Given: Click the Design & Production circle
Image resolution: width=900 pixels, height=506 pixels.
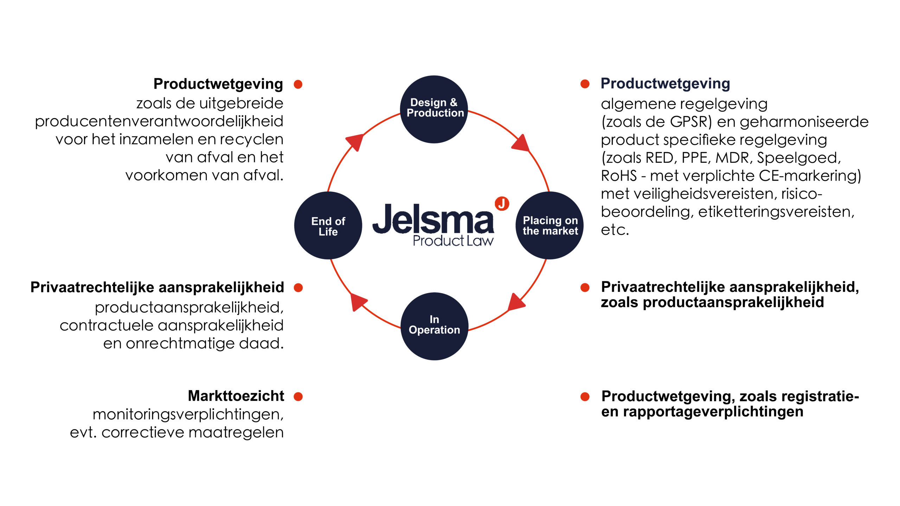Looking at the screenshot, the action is (x=434, y=109).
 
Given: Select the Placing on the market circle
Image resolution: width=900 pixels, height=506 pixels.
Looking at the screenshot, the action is (x=549, y=226).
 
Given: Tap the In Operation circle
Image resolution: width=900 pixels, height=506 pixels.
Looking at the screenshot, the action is (x=435, y=326).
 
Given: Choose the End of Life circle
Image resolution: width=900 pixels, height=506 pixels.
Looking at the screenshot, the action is (x=328, y=226).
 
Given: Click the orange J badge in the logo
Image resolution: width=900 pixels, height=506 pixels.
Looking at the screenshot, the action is (x=502, y=203).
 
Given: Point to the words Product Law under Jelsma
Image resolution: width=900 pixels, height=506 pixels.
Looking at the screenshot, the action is (x=453, y=241).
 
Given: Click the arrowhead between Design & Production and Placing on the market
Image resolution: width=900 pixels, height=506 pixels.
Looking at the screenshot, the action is (x=521, y=143).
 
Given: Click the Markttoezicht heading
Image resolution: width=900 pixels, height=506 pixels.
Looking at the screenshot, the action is (x=236, y=396).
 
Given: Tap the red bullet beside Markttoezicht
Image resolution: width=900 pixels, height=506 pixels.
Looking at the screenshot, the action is (x=298, y=397).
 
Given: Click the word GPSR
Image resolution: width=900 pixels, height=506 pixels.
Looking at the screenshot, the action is (x=688, y=122).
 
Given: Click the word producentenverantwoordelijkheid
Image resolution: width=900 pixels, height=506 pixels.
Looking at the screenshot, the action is (x=159, y=122).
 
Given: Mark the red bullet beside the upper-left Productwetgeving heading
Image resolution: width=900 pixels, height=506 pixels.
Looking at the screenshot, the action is (x=298, y=84).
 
